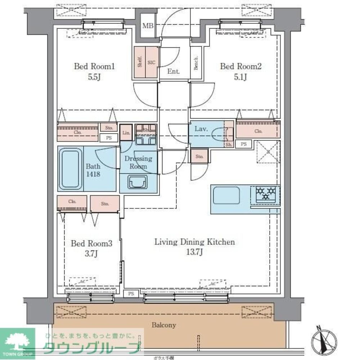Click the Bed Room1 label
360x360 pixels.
point(94,67)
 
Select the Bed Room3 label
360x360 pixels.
point(91,244)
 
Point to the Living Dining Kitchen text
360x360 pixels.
point(194,242)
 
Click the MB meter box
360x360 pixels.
point(147,26)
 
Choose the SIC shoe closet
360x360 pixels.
point(152,62)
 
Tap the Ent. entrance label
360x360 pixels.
point(173,72)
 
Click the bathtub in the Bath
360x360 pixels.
point(70,168)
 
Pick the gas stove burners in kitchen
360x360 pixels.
point(265,193)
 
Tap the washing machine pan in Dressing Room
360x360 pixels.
point(138,183)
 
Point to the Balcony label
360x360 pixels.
point(163,325)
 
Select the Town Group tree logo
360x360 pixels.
point(18,342)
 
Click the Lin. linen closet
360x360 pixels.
point(126,133)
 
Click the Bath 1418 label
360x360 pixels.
point(93,170)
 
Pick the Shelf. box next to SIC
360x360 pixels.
point(139,62)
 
